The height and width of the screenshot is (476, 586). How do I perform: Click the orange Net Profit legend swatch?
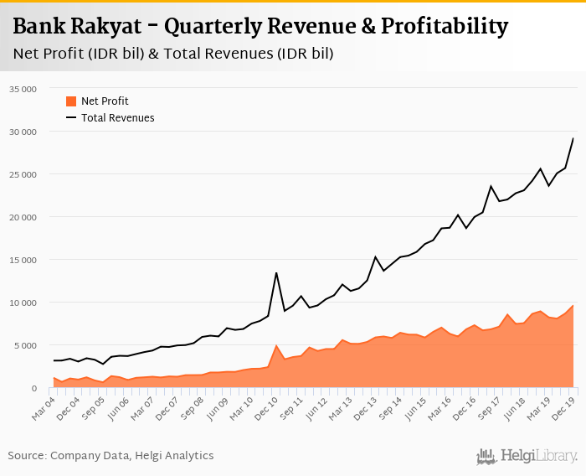point(71,101)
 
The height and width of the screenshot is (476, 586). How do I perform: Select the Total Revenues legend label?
point(118,118)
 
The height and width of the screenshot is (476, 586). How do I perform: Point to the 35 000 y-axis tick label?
point(23,89)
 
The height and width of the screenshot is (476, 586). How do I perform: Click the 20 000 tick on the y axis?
point(23,217)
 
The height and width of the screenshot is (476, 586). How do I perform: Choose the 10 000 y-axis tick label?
point(23,303)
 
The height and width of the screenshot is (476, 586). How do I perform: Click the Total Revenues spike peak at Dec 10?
point(276,272)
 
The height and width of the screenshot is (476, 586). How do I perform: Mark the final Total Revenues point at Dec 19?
point(573,138)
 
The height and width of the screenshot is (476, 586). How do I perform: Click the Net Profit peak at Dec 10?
point(276,345)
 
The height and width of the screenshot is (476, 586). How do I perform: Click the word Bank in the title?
point(39,27)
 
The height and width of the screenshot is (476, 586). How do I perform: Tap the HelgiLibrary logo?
point(527,456)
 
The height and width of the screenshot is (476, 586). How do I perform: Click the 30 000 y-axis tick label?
point(23,132)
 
